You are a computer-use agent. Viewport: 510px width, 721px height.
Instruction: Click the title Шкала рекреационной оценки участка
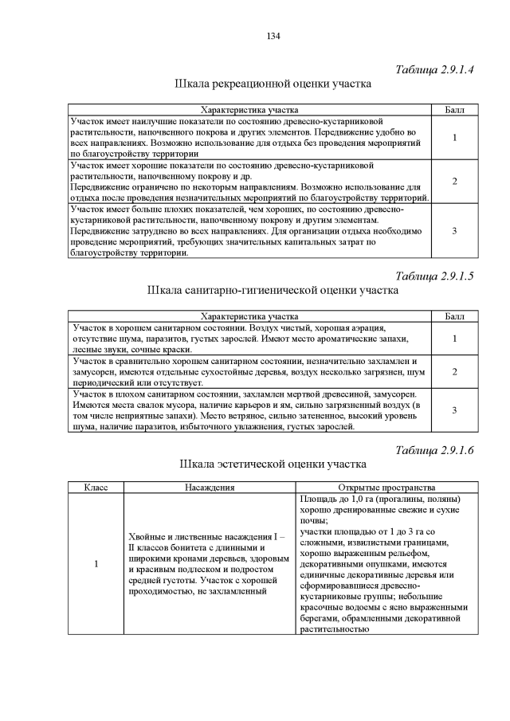coord(273,84)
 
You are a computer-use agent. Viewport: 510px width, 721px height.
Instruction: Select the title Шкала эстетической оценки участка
coord(273,464)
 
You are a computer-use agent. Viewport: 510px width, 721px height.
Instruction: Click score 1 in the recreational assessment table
coord(454,137)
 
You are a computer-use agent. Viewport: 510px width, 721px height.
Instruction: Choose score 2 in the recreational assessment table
coord(454,182)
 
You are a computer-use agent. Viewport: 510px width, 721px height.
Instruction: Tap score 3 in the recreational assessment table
coord(454,231)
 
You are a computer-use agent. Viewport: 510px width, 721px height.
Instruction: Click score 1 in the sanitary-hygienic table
coord(454,339)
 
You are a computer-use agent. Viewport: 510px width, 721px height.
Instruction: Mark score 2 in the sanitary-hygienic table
coord(454,371)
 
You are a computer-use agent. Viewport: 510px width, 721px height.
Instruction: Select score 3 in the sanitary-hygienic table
coord(454,409)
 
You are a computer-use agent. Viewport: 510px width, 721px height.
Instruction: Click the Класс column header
coord(96,487)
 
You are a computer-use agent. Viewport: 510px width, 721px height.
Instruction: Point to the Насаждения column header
coord(210,487)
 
